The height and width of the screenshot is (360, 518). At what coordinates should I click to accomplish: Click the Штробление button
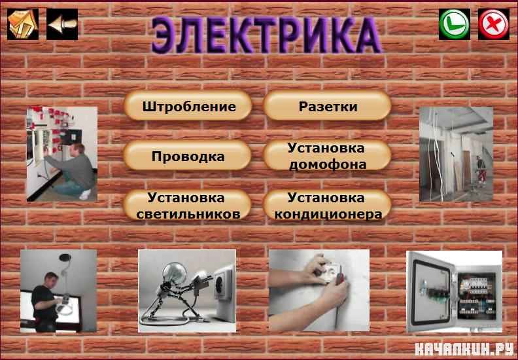(188, 106)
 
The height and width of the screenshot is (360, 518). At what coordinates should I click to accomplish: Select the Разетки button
(328, 106)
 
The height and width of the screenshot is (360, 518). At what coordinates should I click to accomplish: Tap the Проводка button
(188, 155)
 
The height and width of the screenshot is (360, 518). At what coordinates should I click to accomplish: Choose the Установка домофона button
(328, 155)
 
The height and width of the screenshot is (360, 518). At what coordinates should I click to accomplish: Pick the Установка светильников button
(188, 206)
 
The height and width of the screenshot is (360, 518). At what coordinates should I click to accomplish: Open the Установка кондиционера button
(328, 206)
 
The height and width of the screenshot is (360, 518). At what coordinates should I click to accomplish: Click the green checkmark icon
(455, 24)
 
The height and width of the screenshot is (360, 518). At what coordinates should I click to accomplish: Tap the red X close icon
(494, 24)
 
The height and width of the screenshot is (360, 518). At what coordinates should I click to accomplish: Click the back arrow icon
(62, 24)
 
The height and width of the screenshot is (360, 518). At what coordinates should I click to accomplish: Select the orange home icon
(23, 24)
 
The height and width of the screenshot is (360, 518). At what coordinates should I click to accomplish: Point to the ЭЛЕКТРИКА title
(266, 35)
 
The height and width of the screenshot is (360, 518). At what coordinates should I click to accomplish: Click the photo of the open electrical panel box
(455, 291)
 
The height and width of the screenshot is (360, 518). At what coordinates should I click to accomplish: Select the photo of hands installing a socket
(319, 291)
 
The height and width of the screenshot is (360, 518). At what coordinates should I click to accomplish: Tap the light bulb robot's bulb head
(175, 273)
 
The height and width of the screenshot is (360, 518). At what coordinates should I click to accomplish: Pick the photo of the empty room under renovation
(456, 154)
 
